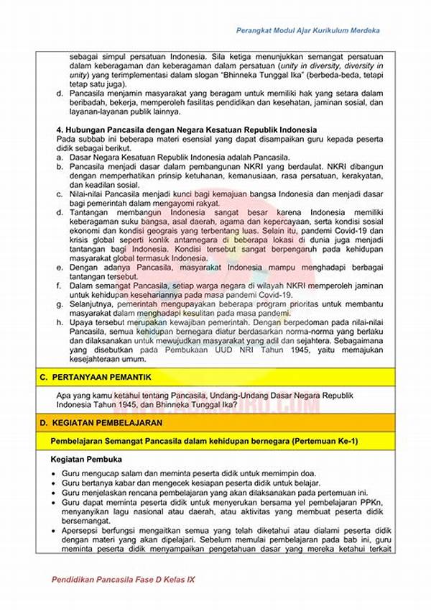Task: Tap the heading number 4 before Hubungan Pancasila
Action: [x=59, y=129]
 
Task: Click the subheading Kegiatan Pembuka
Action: [x=87, y=459]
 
